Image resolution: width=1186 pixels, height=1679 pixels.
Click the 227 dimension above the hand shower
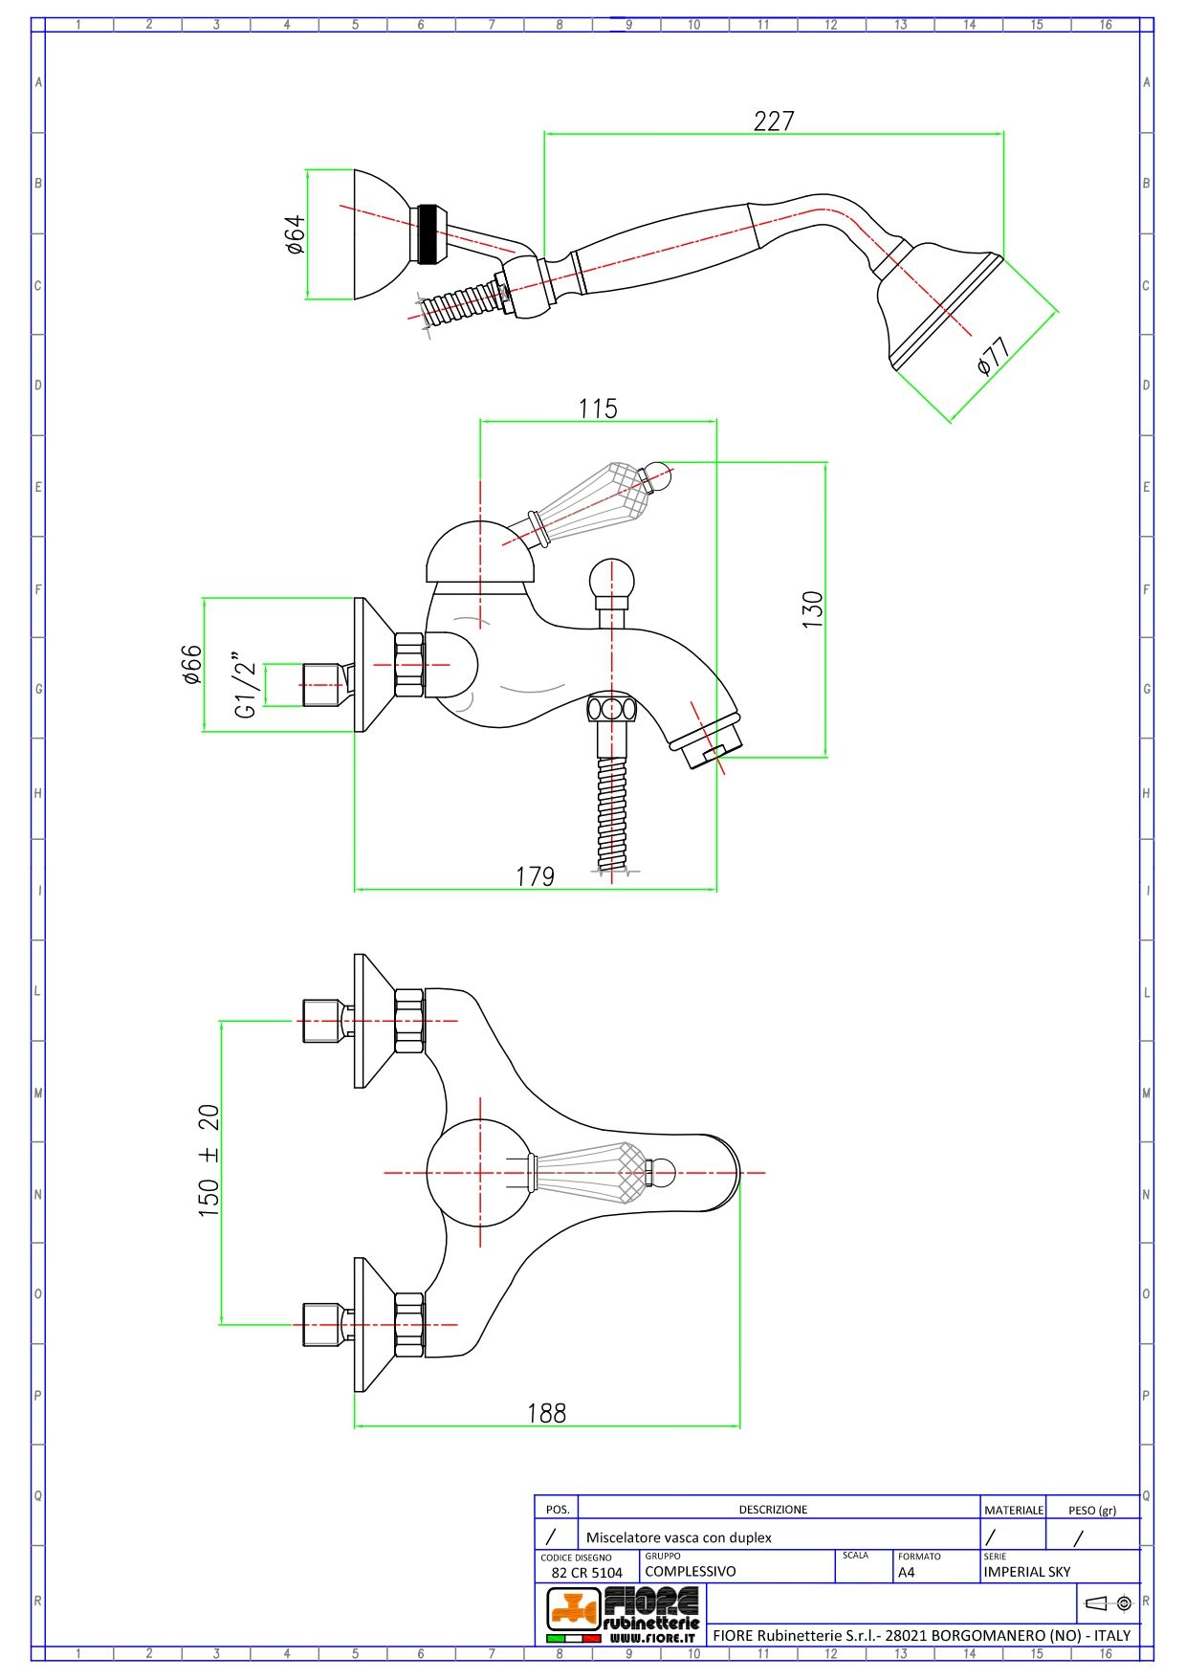pyautogui.click(x=774, y=122)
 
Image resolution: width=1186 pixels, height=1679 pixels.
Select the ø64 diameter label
pyautogui.click(x=295, y=234)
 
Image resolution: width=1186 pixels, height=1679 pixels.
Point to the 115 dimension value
pyautogui.click(x=598, y=409)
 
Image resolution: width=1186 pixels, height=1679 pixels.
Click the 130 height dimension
pyautogui.click(x=812, y=609)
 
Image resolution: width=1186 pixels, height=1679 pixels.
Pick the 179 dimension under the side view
pyautogui.click(x=535, y=876)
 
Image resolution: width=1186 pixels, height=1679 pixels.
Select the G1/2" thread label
pyautogui.click(x=246, y=685)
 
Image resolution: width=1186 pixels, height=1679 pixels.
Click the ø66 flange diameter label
pyautogui.click(x=191, y=665)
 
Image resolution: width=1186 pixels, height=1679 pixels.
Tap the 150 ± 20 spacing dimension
pyautogui.click(x=209, y=1160)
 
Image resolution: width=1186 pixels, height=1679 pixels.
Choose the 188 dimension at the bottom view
pyautogui.click(x=546, y=1413)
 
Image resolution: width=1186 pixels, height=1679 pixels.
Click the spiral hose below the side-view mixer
pyautogui.click(x=612, y=813)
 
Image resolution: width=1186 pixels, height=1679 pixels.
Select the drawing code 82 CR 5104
pyautogui.click(x=586, y=1572)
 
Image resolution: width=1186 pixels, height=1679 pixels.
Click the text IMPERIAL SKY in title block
pyautogui.click(x=1027, y=1571)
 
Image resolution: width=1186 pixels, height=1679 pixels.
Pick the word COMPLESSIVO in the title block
pyautogui.click(x=691, y=1571)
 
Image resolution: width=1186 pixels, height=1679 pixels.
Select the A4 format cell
pyautogui.click(x=907, y=1572)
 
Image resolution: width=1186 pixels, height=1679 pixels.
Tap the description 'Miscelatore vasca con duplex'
pyautogui.click(x=678, y=1537)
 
